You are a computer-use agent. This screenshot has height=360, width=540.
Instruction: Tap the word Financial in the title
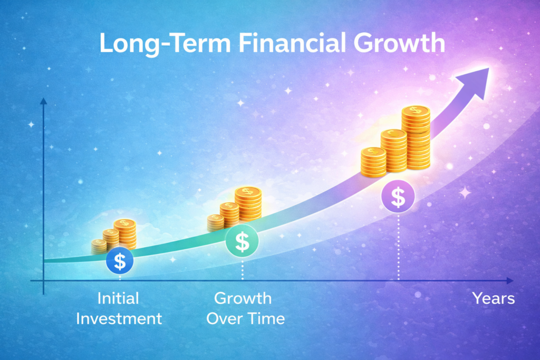(292, 43)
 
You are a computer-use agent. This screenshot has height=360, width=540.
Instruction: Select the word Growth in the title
(399, 43)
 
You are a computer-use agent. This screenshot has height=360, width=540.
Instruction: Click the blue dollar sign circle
(120, 260)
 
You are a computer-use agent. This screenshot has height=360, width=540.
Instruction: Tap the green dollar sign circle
(242, 241)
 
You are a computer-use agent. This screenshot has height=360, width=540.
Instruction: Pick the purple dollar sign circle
(398, 197)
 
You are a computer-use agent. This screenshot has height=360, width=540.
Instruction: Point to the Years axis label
(494, 298)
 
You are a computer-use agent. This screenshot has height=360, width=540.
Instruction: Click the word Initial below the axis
(118, 298)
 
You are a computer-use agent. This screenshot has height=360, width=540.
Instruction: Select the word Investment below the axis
(119, 319)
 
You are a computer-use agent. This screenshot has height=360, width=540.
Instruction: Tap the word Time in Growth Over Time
(266, 319)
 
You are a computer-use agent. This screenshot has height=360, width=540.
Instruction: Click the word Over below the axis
(224, 319)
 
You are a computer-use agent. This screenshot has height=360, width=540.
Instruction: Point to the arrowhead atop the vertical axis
(43, 101)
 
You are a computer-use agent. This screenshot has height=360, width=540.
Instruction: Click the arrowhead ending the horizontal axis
(510, 281)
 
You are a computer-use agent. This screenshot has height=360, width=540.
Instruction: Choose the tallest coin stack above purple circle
(416, 138)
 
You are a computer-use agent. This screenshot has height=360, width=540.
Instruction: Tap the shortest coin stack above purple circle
(374, 162)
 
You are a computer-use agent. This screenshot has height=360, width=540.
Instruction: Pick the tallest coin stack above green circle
(248, 203)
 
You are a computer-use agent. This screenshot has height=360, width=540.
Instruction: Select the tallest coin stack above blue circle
(125, 233)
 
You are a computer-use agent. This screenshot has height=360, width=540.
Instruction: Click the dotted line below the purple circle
(399, 247)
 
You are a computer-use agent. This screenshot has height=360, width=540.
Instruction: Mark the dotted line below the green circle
(243, 269)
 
